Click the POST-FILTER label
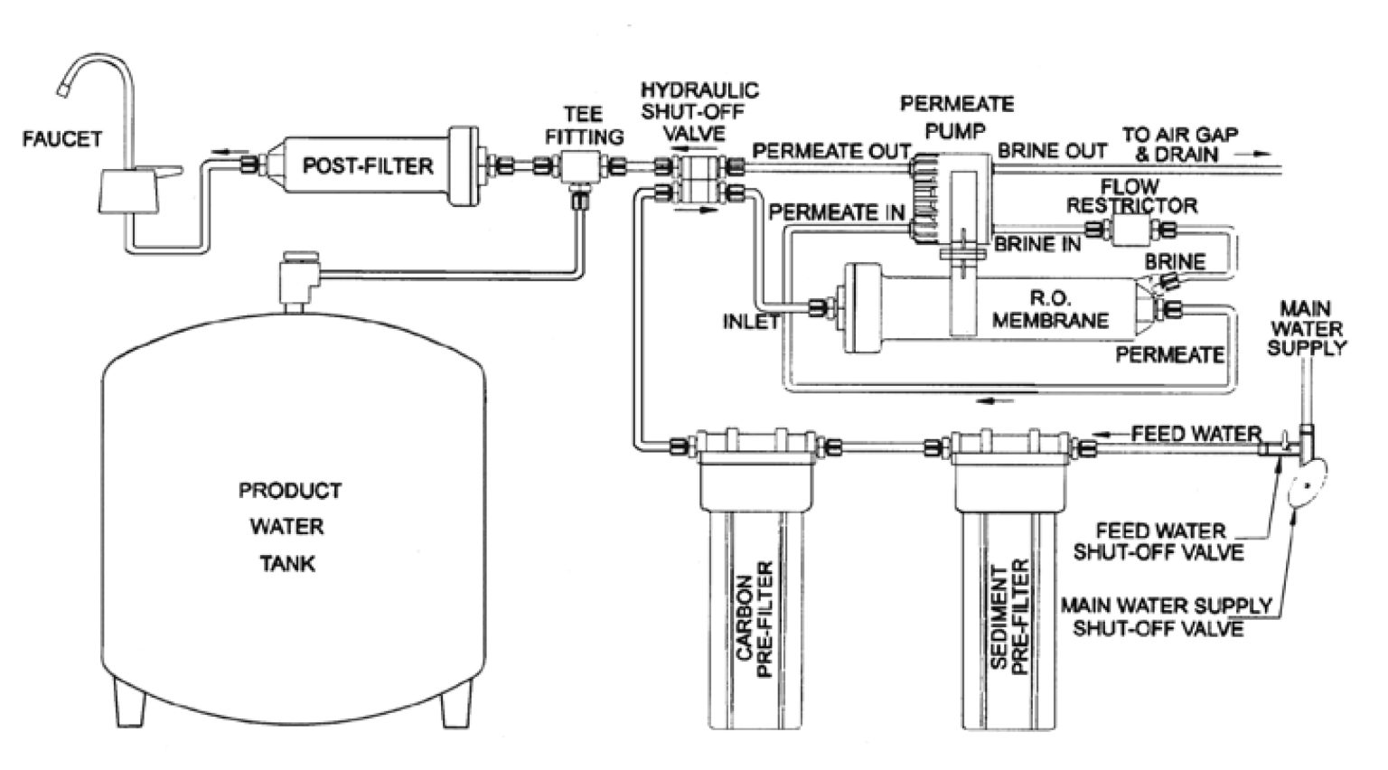point(368,166)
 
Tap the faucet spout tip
point(63,90)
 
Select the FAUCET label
point(62,139)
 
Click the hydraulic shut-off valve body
point(698,179)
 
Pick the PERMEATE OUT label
point(831,151)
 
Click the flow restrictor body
point(1131,230)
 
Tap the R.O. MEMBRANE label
point(1050,309)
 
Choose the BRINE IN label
point(1037,244)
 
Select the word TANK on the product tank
point(287,564)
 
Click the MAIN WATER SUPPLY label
point(1307,329)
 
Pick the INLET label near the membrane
point(752,321)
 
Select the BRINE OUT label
point(1052,151)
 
